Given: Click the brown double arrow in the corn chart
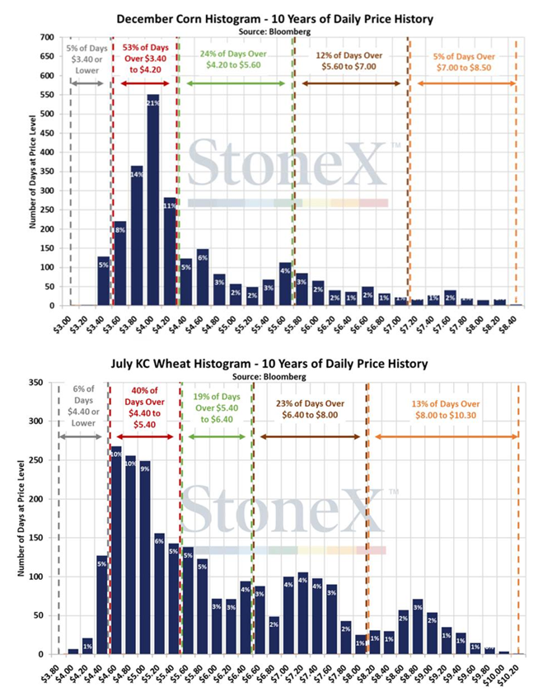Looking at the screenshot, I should pyautogui.click(x=350, y=83).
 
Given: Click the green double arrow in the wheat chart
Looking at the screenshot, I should pyautogui.click(x=214, y=435).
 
